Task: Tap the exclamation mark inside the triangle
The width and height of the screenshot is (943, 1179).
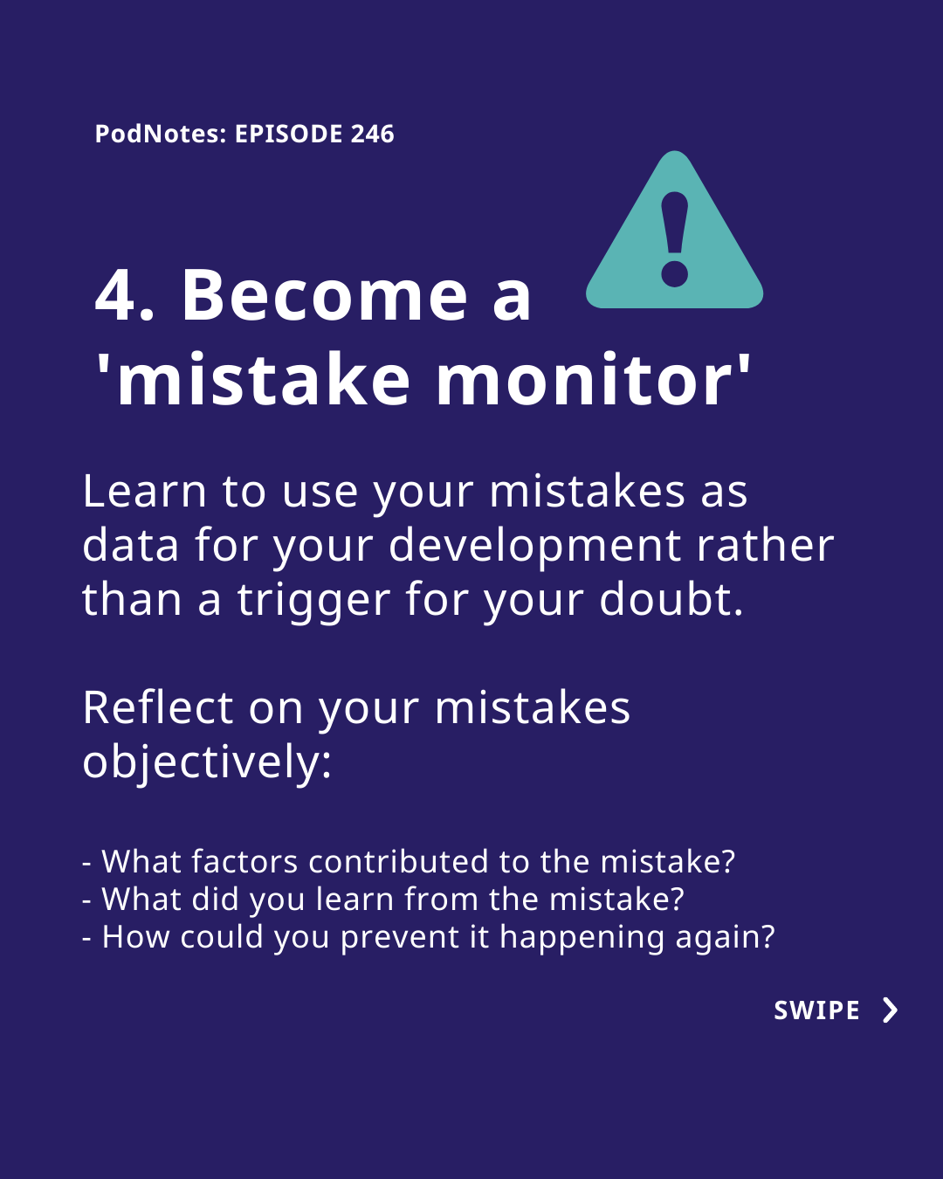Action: (x=675, y=239)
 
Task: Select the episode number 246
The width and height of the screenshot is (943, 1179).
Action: (x=373, y=134)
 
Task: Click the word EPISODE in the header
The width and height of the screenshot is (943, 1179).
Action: (x=289, y=134)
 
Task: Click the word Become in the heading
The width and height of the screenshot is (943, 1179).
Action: (x=325, y=296)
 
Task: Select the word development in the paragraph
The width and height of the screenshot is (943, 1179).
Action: (x=534, y=546)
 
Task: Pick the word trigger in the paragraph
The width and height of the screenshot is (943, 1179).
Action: (x=314, y=601)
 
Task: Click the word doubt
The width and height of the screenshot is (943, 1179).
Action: (x=671, y=599)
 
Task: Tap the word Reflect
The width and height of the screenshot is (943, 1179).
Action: (x=158, y=708)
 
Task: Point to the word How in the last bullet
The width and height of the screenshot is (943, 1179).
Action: (x=136, y=937)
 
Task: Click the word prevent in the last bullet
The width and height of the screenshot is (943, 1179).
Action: (x=399, y=938)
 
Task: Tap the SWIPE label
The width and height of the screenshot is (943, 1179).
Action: (x=816, y=1010)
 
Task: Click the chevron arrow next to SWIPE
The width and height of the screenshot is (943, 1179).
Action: (x=891, y=1010)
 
